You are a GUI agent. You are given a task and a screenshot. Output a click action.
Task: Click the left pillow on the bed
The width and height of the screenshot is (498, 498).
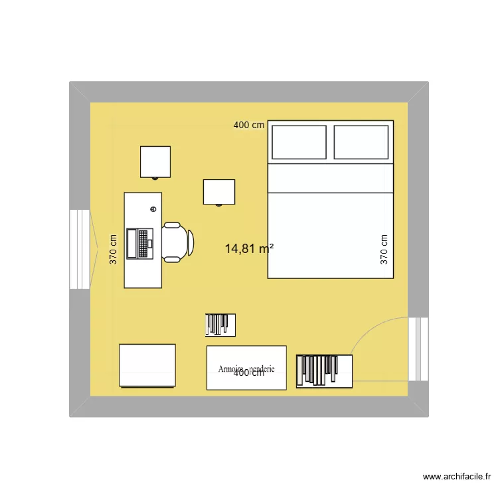(299, 142)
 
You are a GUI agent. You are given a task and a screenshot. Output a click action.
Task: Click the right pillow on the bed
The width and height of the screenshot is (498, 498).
(361, 142)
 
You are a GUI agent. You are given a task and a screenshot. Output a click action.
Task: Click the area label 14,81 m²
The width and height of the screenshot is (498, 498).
(250, 249)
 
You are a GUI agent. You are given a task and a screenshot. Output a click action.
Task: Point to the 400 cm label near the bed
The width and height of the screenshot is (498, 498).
(249, 125)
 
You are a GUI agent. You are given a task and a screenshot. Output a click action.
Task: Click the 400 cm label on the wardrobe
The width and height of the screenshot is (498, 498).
(249, 373)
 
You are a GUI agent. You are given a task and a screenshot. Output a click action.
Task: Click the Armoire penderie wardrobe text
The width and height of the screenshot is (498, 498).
(246, 367)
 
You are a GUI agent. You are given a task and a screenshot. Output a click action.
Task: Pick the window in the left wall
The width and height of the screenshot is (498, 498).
(80, 250)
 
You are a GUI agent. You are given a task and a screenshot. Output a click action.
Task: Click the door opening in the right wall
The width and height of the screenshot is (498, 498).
(418, 349)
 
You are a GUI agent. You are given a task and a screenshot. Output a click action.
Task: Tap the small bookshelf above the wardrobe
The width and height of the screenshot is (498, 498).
(220, 324)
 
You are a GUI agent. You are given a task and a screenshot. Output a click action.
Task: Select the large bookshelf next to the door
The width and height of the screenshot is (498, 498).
(324, 371)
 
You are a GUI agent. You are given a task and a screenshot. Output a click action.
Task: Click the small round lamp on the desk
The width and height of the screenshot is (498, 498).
(153, 209)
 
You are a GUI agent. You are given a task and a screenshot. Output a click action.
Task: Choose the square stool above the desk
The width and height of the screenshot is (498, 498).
(155, 162)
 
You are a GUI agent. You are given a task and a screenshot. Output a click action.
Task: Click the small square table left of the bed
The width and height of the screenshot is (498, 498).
(219, 192)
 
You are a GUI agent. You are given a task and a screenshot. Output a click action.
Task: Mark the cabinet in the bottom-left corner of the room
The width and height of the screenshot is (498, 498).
(147, 365)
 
